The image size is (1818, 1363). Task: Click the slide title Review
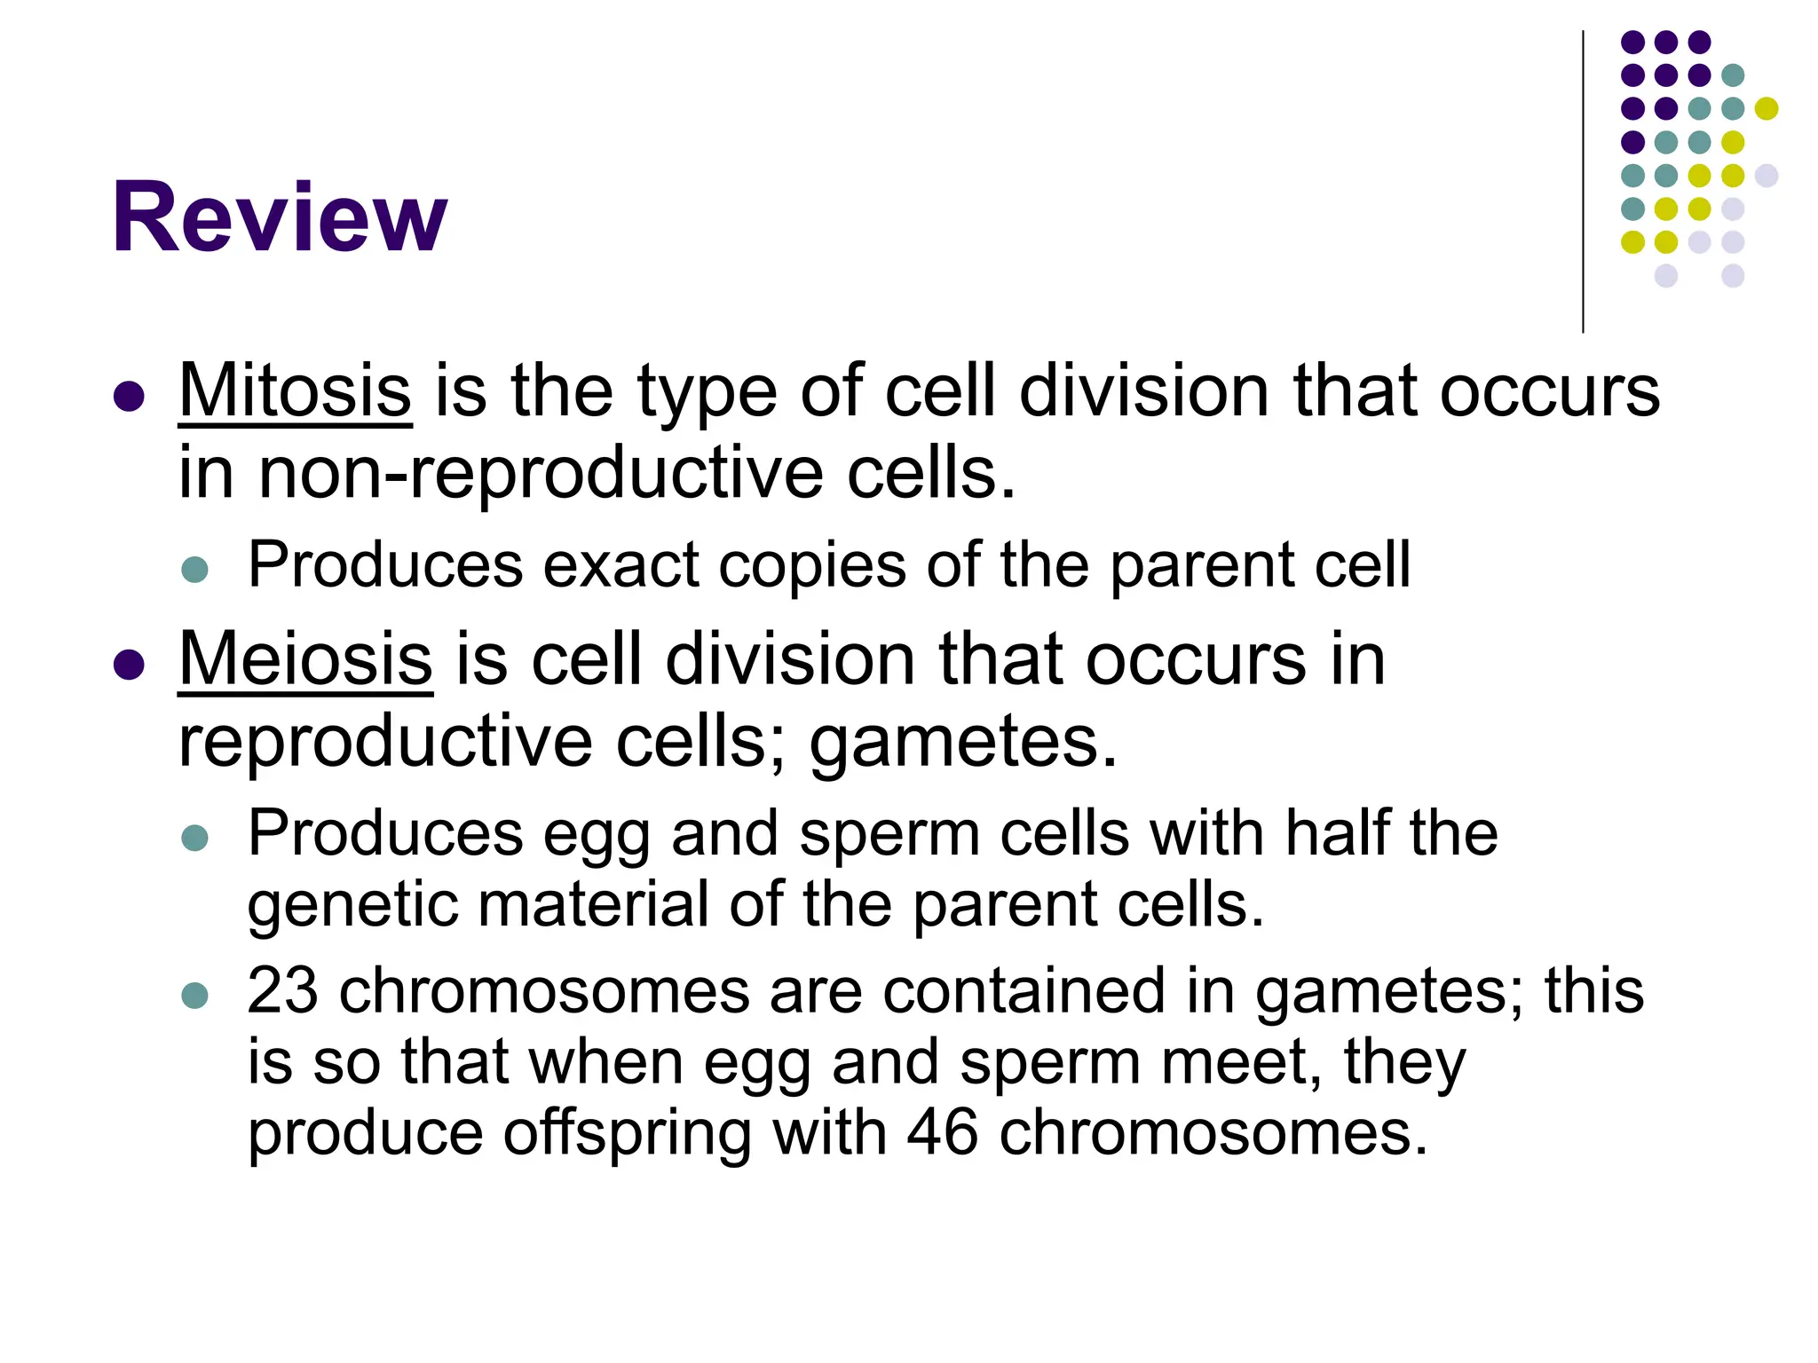[280, 217]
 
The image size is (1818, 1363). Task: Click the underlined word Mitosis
[295, 390]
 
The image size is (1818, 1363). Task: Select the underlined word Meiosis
[305, 659]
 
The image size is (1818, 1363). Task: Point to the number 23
[282, 990]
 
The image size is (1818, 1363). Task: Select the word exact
[620, 565]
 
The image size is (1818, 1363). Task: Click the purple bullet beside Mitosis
[130, 397]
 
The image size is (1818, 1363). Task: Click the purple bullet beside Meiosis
[130, 665]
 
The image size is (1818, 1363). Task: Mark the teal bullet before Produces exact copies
[194, 569]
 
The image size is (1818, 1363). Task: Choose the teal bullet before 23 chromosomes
[194, 995]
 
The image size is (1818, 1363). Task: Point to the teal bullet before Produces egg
[194, 838]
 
